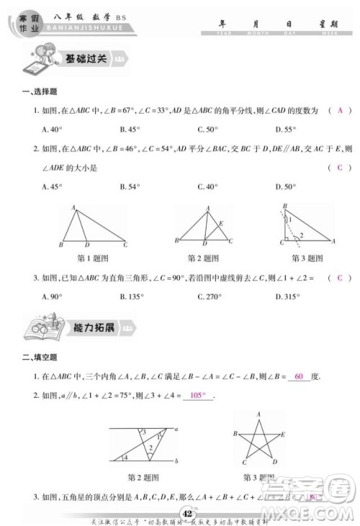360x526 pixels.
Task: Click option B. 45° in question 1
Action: [129, 130]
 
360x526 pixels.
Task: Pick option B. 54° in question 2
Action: [129, 187]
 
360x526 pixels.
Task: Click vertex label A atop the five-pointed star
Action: [256, 414]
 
